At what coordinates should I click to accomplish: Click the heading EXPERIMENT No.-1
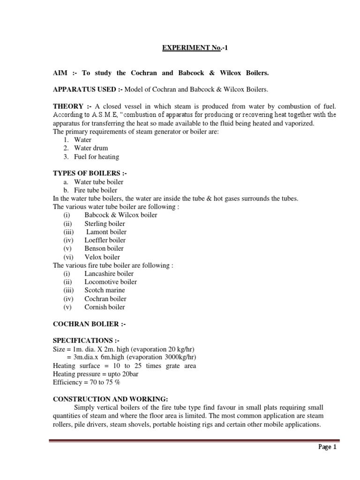(x=196, y=47)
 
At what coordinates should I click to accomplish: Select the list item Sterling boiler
(x=105, y=224)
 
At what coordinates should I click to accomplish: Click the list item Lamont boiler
(x=106, y=232)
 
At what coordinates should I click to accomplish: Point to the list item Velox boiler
(x=102, y=257)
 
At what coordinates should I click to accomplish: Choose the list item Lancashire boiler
(x=109, y=274)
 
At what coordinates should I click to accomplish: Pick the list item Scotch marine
(x=105, y=290)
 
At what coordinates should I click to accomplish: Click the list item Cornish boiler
(x=105, y=307)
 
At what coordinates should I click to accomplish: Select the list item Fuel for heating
(x=97, y=157)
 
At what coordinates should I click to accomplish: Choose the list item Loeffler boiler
(x=105, y=240)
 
